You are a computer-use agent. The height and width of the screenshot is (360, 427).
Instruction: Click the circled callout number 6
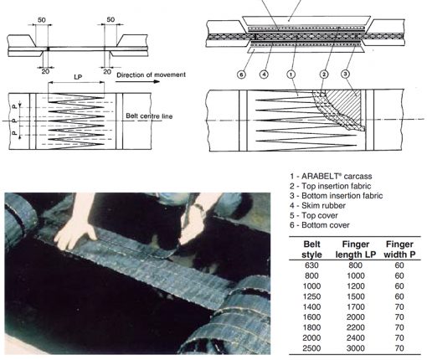coord(241,74)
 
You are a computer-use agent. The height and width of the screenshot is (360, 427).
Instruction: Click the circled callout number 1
coord(291,74)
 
